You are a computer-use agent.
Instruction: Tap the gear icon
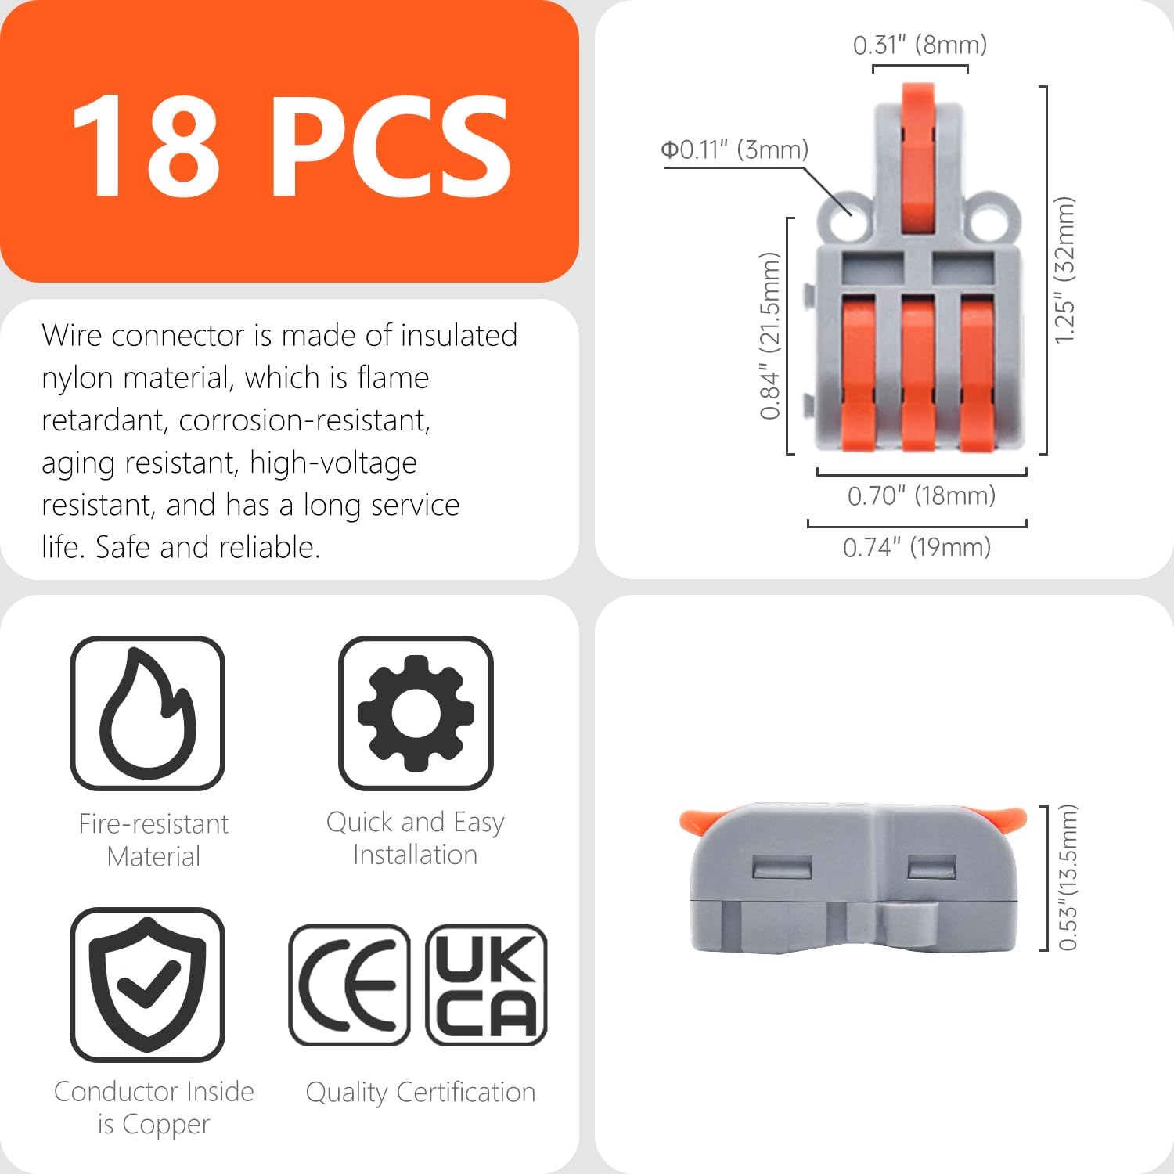[x=416, y=713]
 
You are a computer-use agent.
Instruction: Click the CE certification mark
[x=349, y=985]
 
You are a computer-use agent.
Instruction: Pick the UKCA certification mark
[x=486, y=985]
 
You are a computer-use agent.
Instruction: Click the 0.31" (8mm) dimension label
[x=920, y=45]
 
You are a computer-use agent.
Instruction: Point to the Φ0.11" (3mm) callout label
[x=734, y=149]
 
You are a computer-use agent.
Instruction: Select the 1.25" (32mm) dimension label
[x=1065, y=270]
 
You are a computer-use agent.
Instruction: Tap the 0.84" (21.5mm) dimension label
[x=771, y=336]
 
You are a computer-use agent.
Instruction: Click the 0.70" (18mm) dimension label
[x=921, y=495]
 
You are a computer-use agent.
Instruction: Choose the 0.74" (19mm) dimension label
[x=917, y=547]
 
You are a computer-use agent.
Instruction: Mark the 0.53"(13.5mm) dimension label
[x=1068, y=877]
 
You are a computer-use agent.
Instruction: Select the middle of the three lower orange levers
[x=918, y=373]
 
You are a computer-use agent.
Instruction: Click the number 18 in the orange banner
[x=146, y=146]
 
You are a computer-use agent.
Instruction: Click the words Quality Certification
[x=420, y=1093]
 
